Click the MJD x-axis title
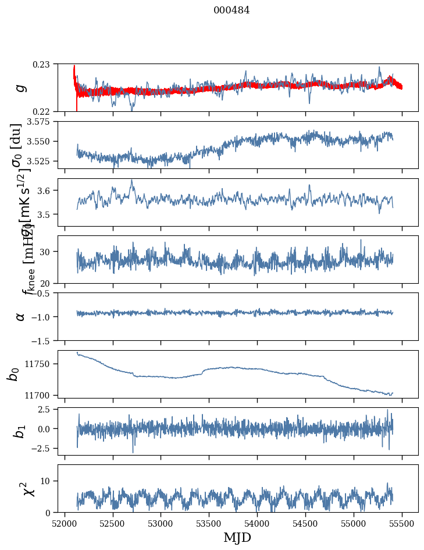237,538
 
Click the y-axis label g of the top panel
20,87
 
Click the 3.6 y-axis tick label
46,191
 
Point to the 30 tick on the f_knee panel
47,252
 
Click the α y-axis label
20,316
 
